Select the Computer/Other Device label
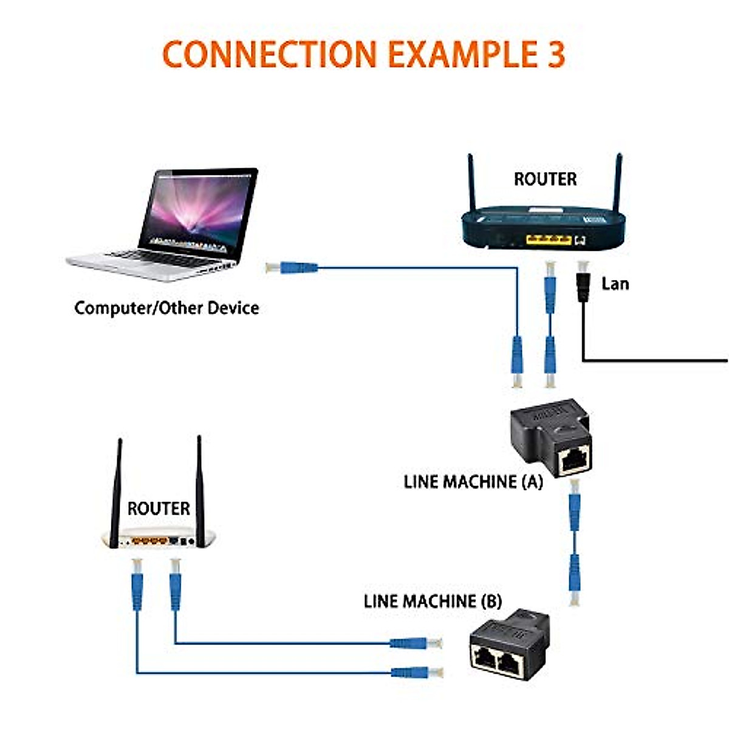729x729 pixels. click(x=166, y=308)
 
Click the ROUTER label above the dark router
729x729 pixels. click(x=545, y=179)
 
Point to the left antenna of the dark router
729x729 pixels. click(x=471, y=182)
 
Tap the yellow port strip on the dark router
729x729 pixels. click(x=548, y=239)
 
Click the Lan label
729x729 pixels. click(x=615, y=284)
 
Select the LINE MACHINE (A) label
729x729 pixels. click(x=473, y=482)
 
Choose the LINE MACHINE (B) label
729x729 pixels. click(x=433, y=601)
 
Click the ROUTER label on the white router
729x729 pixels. click(x=159, y=508)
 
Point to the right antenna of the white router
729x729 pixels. click(x=199, y=486)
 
